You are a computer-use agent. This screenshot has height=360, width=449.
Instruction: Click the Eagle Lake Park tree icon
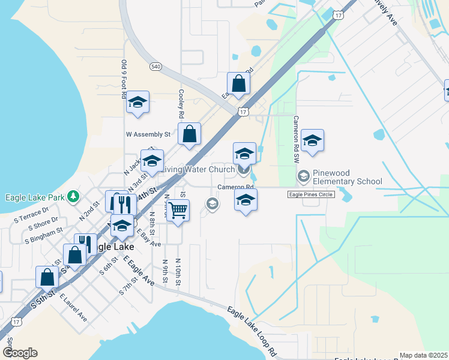point(73,196)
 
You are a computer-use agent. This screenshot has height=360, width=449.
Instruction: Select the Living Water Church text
point(199,170)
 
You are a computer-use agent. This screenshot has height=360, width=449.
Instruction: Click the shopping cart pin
point(178,211)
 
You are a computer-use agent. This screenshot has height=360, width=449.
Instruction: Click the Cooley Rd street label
point(181,104)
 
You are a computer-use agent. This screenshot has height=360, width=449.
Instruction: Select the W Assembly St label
point(148,134)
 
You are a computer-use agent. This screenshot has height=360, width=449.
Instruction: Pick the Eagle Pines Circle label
point(310,194)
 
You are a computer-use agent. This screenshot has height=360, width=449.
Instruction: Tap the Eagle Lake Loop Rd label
point(251,329)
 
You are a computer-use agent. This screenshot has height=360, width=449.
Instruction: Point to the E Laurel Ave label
point(74,307)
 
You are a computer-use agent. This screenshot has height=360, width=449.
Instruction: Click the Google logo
point(20,353)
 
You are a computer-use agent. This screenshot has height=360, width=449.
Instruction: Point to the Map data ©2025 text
point(423,355)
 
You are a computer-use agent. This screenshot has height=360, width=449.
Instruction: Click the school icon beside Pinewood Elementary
point(304,176)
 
